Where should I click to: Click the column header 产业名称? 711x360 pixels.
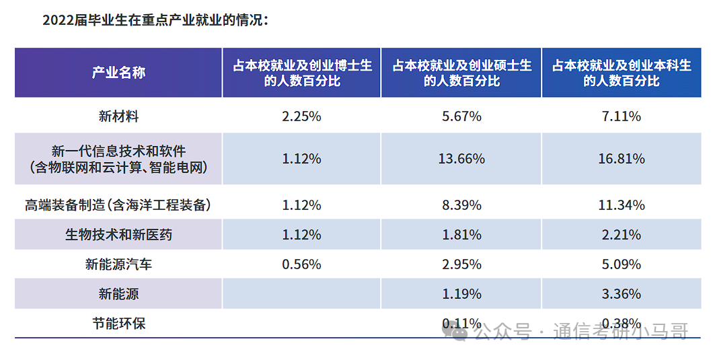point(118,73)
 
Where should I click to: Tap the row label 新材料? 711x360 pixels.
point(118,116)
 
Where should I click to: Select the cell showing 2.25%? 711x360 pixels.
point(301,116)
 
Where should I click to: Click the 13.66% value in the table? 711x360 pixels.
point(461,159)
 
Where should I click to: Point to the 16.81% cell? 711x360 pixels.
point(622,159)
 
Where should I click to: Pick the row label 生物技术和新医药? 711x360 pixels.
point(118,235)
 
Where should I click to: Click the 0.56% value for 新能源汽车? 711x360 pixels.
point(301,264)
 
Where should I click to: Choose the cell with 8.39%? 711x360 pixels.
point(461,205)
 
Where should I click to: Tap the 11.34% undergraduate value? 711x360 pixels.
point(622,205)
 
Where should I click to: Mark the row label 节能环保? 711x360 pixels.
point(118,324)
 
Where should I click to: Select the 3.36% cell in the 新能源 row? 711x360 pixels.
point(622,294)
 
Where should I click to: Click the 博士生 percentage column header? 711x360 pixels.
point(302,73)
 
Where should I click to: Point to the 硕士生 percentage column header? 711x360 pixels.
point(461,73)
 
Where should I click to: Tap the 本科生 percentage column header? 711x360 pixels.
point(622,73)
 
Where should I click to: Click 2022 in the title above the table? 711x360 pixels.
point(57,21)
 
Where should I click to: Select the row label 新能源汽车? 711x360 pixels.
point(118,264)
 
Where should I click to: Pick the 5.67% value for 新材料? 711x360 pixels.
point(461,116)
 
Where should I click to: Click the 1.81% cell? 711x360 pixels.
point(461,235)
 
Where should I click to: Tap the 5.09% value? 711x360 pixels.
point(622,264)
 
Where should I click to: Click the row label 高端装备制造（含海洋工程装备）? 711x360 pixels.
point(118,205)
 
